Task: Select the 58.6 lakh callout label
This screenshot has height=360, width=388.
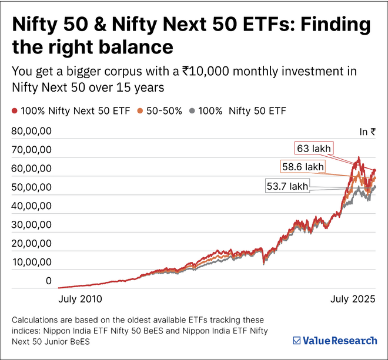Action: pyautogui.click(x=303, y=167)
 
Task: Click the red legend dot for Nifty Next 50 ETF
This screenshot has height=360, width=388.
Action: pyautogui.click(x=15, y=110)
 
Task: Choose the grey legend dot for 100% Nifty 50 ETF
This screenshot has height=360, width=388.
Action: pyautogui.click(x=193, y=110)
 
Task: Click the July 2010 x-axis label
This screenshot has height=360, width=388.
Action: pyautogui.click(x=80, y=298)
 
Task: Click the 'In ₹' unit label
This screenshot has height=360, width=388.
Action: pyautogui.click(x=367, y=132)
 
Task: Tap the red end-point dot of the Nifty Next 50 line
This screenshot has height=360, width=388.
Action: pyautogui.click(x=374, y=171)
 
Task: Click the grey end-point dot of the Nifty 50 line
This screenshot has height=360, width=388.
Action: pyautogui.click(x=374, y=187)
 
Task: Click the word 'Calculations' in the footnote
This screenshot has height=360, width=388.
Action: pyautogui.click(x=38, y=321)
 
